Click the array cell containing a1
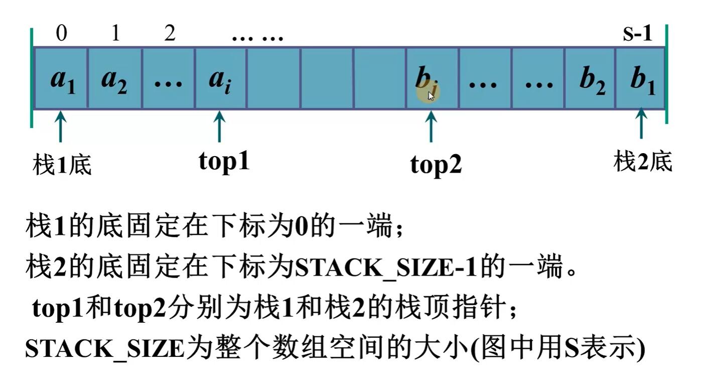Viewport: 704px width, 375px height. coord(61,78)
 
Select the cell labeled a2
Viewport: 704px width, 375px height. coord(114,78)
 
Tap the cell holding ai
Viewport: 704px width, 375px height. coord(220,78)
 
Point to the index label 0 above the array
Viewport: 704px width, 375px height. coord(61,34)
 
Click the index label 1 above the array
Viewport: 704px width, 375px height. coord(115,34)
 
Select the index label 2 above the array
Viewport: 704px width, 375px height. coord(170,34)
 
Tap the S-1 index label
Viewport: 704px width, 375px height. coord(637,34)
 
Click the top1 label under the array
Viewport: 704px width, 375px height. coord(224,162)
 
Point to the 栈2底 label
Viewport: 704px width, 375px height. coord(643,162)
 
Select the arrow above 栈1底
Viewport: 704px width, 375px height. coord(61,126)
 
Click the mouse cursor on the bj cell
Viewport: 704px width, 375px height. coord(431,96)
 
